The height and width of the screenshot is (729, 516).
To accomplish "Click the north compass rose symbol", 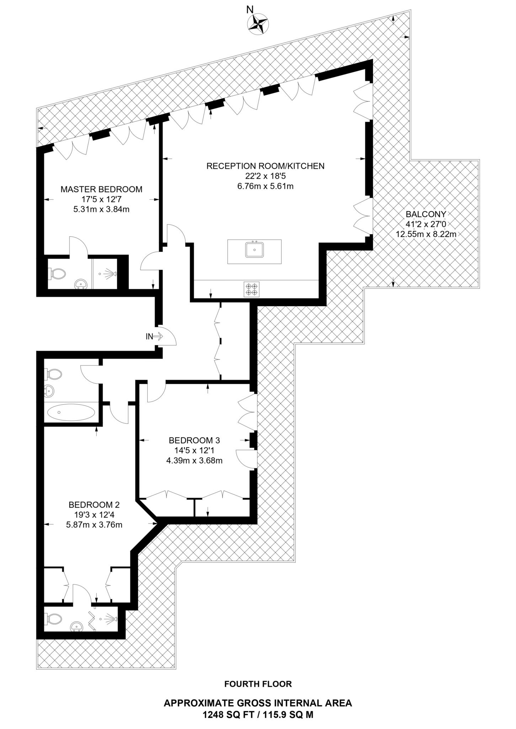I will click(x=258, y=24).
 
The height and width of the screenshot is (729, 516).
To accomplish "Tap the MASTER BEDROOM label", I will click(x=101, y=189).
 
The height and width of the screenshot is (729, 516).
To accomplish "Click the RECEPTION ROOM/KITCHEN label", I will click(x=265, y=166).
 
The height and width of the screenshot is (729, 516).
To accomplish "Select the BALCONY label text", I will click(x=426, y=214).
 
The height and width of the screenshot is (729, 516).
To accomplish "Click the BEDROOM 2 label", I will click(x=94, y=505).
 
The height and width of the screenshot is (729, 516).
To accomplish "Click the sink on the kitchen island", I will click(x=254, y=250).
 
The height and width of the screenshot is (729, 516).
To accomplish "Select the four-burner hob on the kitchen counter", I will click(x=251, y=289).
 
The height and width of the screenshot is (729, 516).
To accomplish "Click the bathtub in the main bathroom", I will click(x=71, y=413).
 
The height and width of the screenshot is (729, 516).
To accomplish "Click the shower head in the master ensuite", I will click(x=113, y=274).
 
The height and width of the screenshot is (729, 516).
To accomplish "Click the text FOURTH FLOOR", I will click(x=258, y=684).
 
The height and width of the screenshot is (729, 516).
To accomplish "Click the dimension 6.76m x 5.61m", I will click(x=265, y=186).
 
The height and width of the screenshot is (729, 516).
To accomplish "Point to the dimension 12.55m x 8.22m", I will click(x=426, y=234).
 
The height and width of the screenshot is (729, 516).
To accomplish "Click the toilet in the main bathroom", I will click(x=54, y=374).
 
